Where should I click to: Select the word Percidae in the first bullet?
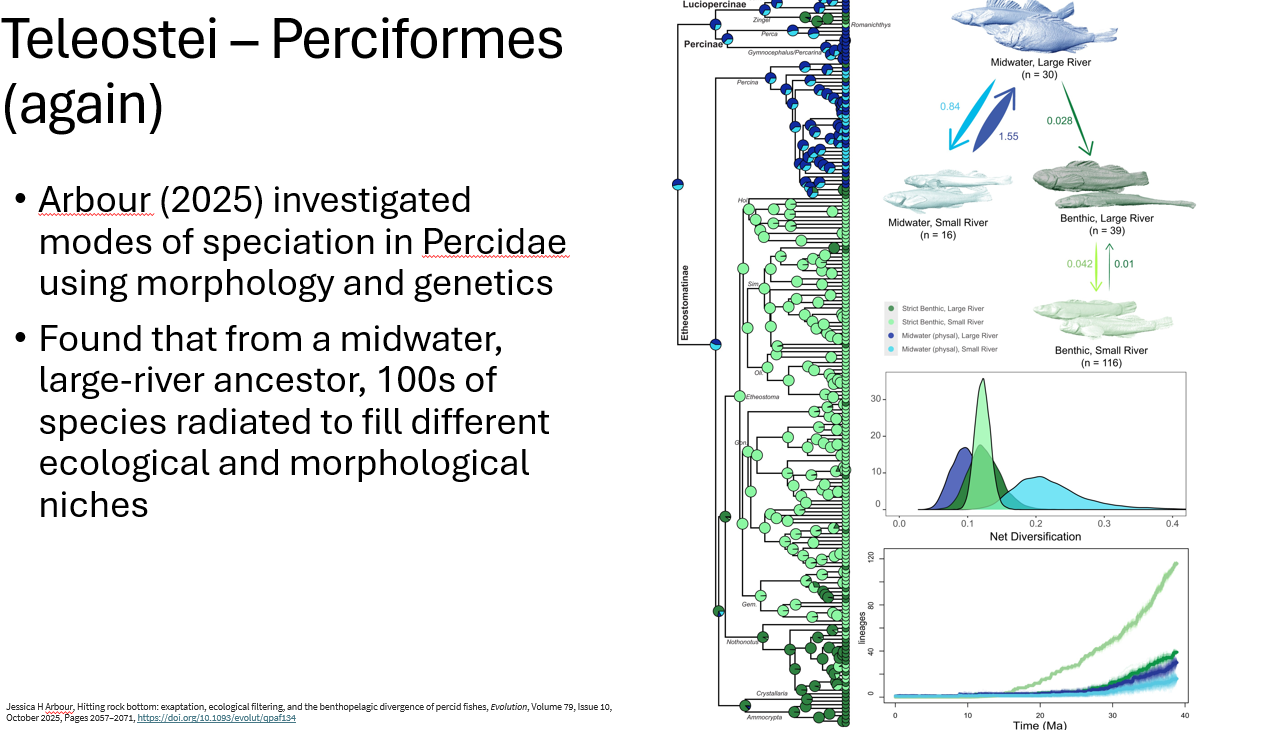[x=494, y=242]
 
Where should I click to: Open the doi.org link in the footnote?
[x=216, y=718]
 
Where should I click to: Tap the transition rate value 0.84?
[x=950, y=106]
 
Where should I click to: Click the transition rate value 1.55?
[x=1007, y=136]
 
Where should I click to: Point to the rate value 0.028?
[x=1061, y=121]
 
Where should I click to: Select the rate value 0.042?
[x=1079, y=264]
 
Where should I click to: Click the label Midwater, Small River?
[x=937, y=223]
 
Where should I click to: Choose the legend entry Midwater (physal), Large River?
[x=949, y=336]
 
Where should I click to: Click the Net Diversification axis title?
[x=1034, y=537]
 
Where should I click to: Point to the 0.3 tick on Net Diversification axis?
[x=1104, y=522]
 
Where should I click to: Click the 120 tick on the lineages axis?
[x=871, y=557]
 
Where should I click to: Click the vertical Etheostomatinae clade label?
[x=685, y=303]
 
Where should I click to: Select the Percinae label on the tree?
[x=703, y=45]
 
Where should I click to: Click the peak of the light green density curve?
[x=984, y=379]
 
